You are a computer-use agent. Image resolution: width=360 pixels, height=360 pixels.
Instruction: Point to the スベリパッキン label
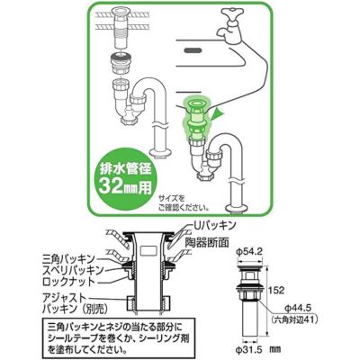(73, 270)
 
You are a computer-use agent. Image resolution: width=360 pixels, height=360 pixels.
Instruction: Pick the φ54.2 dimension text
(249, 252)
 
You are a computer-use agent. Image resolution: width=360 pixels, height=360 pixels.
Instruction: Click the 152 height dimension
(277, 291)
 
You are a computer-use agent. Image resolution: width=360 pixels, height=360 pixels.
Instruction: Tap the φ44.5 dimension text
(298, 307)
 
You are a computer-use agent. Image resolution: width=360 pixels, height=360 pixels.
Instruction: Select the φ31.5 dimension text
(249, 350)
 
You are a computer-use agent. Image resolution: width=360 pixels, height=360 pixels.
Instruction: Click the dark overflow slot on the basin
(192, 49)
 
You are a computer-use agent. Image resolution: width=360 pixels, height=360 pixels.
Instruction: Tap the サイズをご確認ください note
(184, 202)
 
